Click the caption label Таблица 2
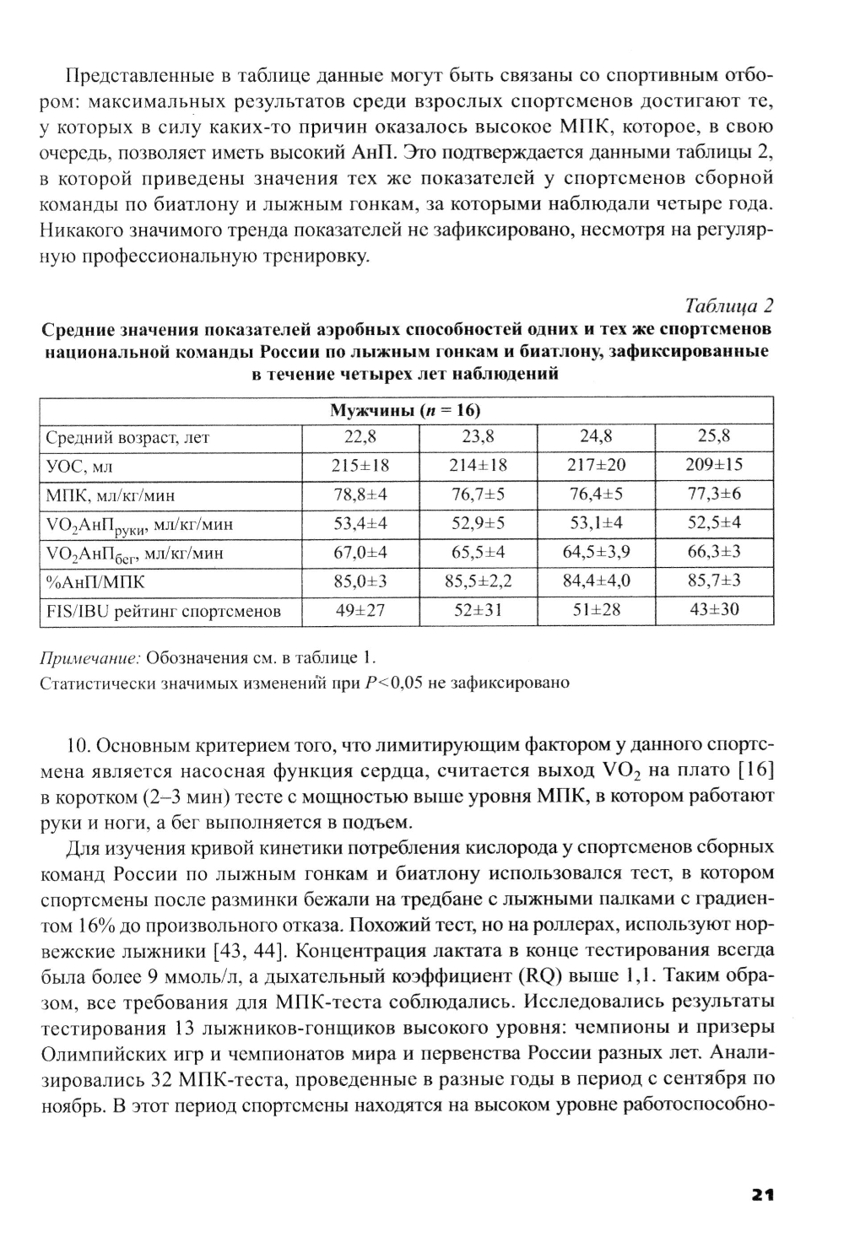point(729,305)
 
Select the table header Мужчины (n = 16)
point(406,411)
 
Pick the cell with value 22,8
point(360,437)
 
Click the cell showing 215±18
point(360,466)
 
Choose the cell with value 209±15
point(714,465)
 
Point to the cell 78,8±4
point(360,494)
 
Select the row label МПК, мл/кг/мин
point(110,495)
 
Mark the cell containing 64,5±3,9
point(596,553)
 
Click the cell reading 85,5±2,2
point(478,581)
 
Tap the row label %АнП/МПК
point(95,582)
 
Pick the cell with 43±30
point(714,610)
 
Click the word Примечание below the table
point(90,657)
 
